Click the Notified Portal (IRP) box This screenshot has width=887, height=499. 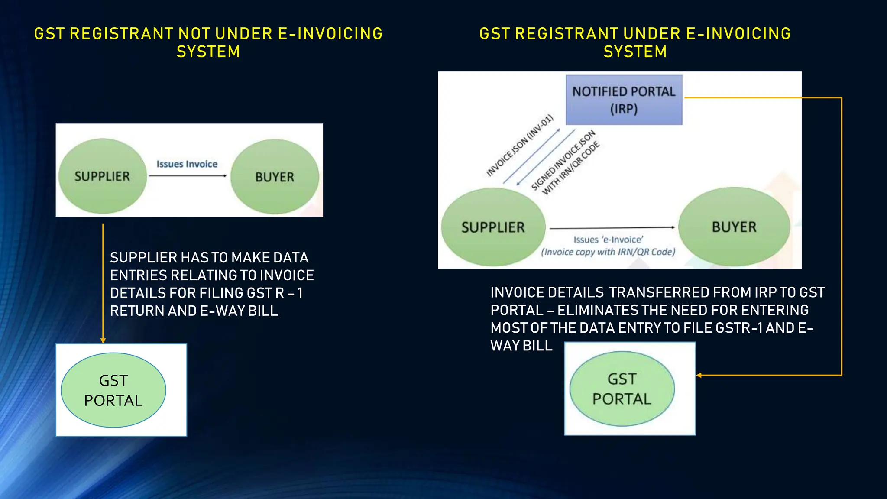point(624,100)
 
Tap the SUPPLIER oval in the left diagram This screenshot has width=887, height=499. point(102,176)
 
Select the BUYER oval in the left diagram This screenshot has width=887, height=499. point(275,176)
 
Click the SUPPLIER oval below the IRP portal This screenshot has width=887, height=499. point(493,227)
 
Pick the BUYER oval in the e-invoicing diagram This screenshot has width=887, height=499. point(734,227)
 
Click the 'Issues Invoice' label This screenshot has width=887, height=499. point(187,164)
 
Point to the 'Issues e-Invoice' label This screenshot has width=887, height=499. point(608,240)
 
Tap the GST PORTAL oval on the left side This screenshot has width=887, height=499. point(113,390)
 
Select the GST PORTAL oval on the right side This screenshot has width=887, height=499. point(622,389)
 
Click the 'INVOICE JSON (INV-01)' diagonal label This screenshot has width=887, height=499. point(520,146)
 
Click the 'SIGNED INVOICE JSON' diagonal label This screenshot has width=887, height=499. point(563,160)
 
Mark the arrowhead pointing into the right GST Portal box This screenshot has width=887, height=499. point(699,375)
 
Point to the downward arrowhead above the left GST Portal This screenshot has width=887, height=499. point(103,340)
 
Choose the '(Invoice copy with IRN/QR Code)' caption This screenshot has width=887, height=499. point(608,252)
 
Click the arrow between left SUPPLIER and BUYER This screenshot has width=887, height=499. point(187,176)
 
